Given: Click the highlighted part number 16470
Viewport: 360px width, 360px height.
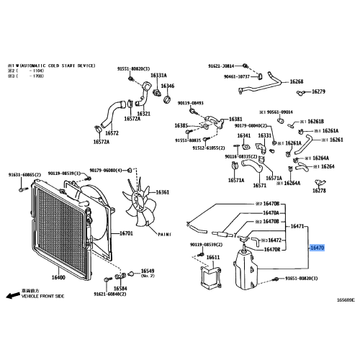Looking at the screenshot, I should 318,247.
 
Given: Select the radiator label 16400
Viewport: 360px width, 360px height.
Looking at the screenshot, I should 58,277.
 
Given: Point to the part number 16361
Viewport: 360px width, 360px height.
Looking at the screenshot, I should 163,192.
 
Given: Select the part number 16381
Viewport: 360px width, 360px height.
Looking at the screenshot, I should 235,119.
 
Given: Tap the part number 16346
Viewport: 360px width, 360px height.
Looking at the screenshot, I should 167,86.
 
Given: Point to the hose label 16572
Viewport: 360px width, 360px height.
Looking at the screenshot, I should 112,133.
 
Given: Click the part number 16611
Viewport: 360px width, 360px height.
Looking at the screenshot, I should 212,257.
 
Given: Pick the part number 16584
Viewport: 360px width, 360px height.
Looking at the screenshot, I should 120,288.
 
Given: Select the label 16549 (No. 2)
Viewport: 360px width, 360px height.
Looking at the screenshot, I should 148,271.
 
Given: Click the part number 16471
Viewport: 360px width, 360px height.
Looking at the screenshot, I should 298,226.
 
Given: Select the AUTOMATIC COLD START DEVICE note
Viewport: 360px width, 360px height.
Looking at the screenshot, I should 54,66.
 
